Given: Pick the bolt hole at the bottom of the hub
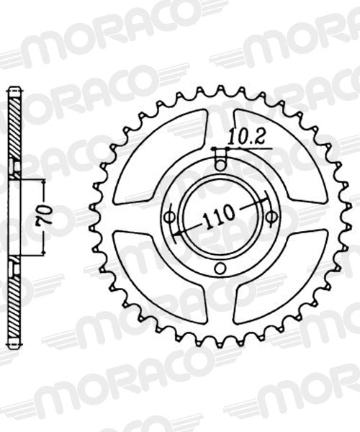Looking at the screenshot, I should tap(220, 270).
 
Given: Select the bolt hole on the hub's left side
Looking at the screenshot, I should tap(170, 216).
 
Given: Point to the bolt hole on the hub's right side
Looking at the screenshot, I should tap(271, 216).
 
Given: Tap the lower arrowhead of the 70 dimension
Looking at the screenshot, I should tap(45, 251).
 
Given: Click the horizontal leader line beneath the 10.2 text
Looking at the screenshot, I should tap(248, 148).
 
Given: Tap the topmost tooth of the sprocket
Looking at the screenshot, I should tap(220, 90).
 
